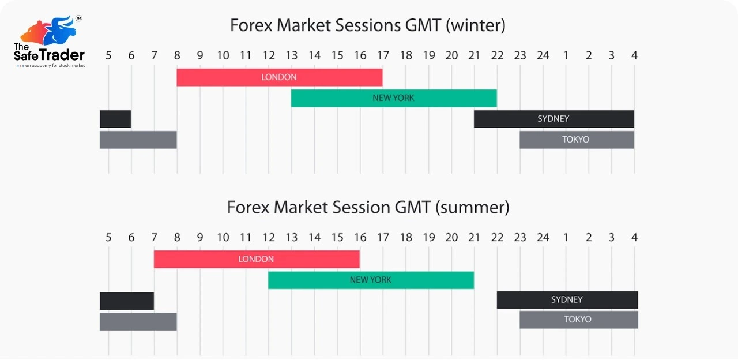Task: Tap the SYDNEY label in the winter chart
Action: coord(553,119)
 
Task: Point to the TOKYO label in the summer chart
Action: coord(578,320)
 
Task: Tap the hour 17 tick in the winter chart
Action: coord(383,56)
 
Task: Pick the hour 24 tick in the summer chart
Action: coord(543,237)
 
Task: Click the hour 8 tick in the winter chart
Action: coord(177,56)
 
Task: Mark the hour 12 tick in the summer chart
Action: coord(269,237)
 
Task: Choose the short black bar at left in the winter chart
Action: coord(115,119)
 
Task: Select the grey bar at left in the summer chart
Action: coord(138,321)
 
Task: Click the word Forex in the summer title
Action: coord(248,207)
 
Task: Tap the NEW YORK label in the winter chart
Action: coord(393,98)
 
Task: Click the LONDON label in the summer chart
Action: coord(256,260)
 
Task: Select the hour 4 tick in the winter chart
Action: coord(634,56)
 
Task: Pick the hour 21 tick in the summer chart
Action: coord(474,237)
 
